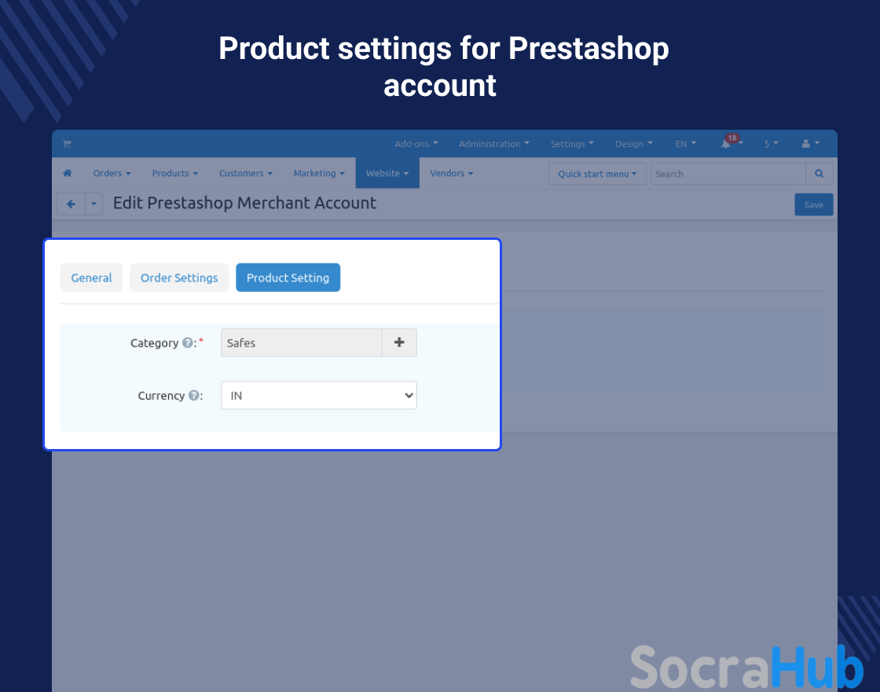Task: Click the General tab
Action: coord(91,278)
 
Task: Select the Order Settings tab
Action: coord(179,278)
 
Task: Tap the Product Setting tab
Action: coord(288,278)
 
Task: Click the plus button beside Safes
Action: coord(399,343)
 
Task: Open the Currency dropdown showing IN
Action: coord(319,396)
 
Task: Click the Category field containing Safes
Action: coord(302,343)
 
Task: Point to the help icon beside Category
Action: coord(188,343)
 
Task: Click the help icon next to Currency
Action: coord(193,396)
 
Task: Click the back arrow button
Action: coord(71,204)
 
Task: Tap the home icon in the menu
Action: coord(68,173)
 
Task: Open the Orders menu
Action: coord(112,173)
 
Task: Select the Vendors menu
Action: coord(451,173)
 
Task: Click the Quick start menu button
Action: coord(597,174)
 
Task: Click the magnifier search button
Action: coord(819,174)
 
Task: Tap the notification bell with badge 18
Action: coord(726,143)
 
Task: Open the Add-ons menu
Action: coord(416,144)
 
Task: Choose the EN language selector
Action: coord(685,144)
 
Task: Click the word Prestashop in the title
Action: coord(588,48)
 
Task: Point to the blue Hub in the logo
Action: coord(818,667)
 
